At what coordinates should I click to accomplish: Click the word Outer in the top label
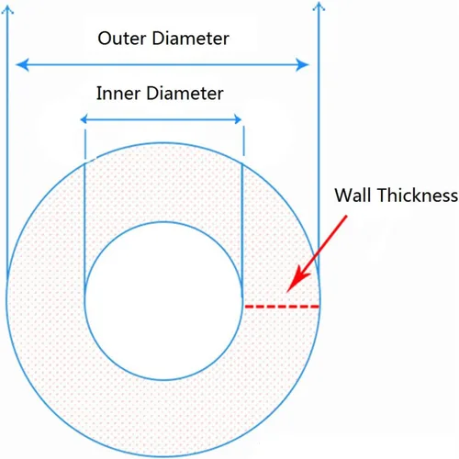point(122,39)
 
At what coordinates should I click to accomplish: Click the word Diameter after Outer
point(190,39)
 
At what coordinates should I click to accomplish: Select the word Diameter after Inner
point(185,93)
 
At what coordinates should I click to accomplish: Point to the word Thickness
point(418,195)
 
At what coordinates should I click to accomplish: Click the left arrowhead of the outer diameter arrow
point(22,64)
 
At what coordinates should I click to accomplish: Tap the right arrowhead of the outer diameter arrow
point(302,64)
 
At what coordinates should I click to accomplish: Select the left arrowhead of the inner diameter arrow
point(84,119)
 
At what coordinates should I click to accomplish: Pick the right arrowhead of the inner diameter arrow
point(238,119)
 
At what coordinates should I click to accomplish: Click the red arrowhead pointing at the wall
point(297,280)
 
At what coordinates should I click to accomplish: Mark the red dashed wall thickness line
point(282,306)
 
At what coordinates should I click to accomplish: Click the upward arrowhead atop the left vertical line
point(7,10)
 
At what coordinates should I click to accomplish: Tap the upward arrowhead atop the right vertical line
point(319,6)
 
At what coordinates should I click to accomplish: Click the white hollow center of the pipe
point(163,301)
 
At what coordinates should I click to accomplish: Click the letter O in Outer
point(105,39)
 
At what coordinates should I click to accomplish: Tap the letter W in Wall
point(345,195)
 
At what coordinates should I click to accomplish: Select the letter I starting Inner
point(98,93)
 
